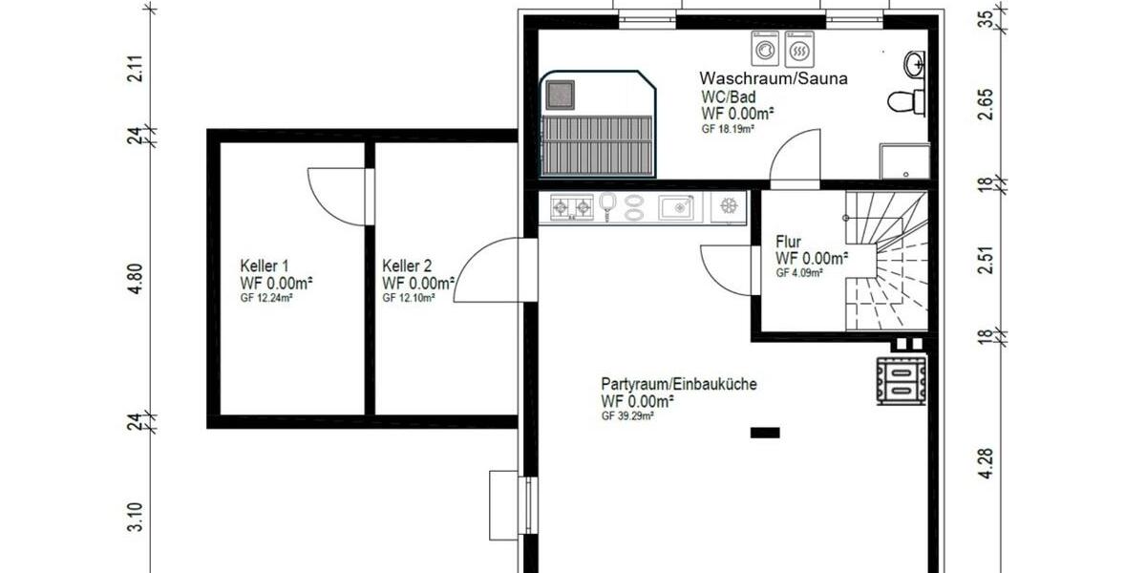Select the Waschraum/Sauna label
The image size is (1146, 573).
[774, 78]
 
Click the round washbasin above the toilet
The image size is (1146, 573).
[914, 64]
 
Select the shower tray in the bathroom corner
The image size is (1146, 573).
[903, 161]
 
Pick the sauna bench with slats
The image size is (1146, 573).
[598, 143]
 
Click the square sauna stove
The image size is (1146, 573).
[560, 94]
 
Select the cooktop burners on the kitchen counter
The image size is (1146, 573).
[570, 206]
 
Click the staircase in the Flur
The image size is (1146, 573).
[888, 258]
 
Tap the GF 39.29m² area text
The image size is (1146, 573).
[627, 416]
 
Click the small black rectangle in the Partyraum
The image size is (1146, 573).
[765, 433]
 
